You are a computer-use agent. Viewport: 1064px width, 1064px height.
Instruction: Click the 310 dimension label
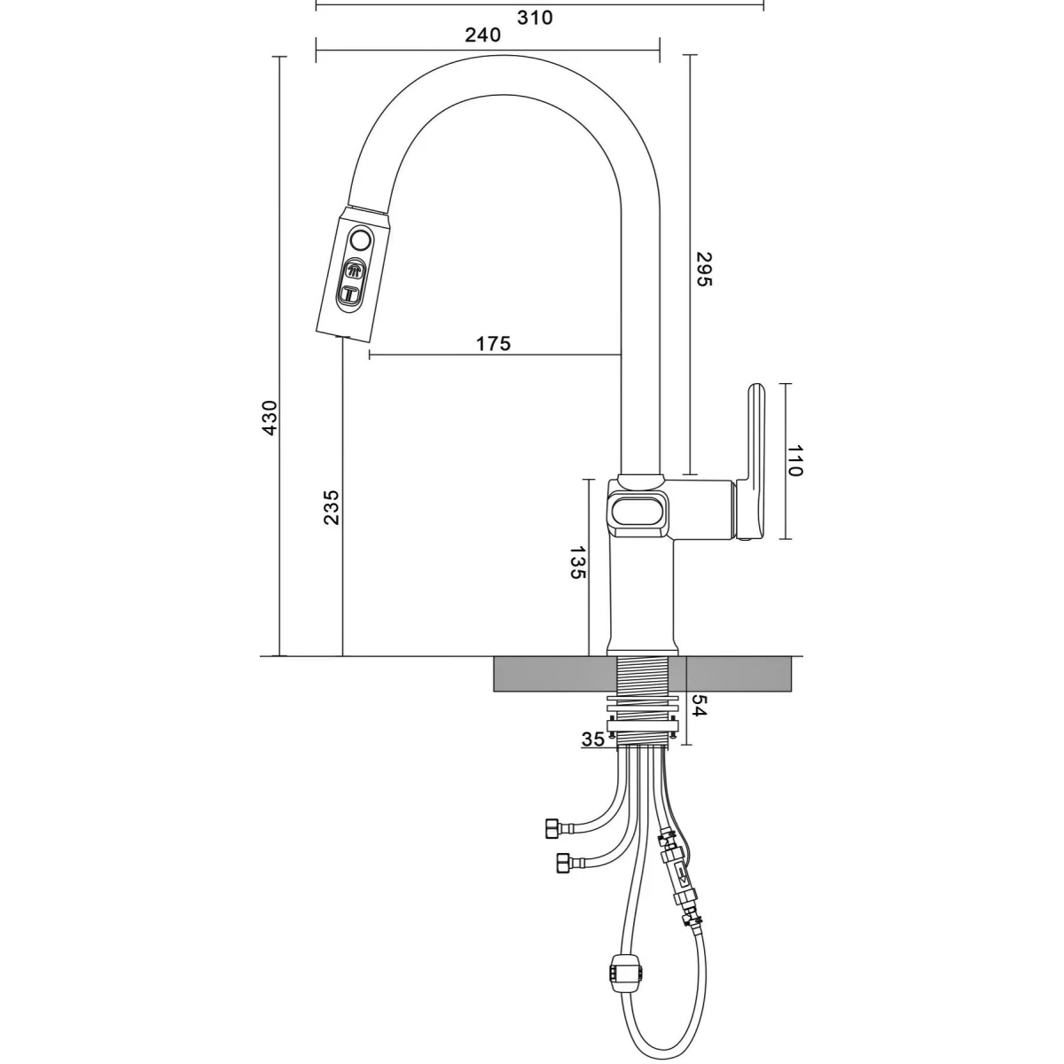tap(534, 17)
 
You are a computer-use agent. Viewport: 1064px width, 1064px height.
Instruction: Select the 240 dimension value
tap(483, 35)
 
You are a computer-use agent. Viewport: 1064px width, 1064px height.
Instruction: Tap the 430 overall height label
tap(270, 417)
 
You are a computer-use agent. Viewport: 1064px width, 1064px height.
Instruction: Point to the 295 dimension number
tap(702, 269)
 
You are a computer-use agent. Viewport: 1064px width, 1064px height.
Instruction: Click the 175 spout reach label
tap(493, 343)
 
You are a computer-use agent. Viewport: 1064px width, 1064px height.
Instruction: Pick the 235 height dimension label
tap(331, 507)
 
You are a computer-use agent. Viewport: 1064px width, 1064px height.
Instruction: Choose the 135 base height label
tap(577, 563)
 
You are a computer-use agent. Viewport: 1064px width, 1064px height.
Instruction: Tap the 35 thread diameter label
tap(593, 739)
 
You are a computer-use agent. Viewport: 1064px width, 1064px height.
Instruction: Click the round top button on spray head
tap(361, 240)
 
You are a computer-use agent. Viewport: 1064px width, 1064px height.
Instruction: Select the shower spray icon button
tap(355, 271)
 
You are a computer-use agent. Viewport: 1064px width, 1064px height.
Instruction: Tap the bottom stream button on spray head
tap(351, 293)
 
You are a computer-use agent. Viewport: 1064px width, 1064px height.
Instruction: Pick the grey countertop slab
tap(550, 676)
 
